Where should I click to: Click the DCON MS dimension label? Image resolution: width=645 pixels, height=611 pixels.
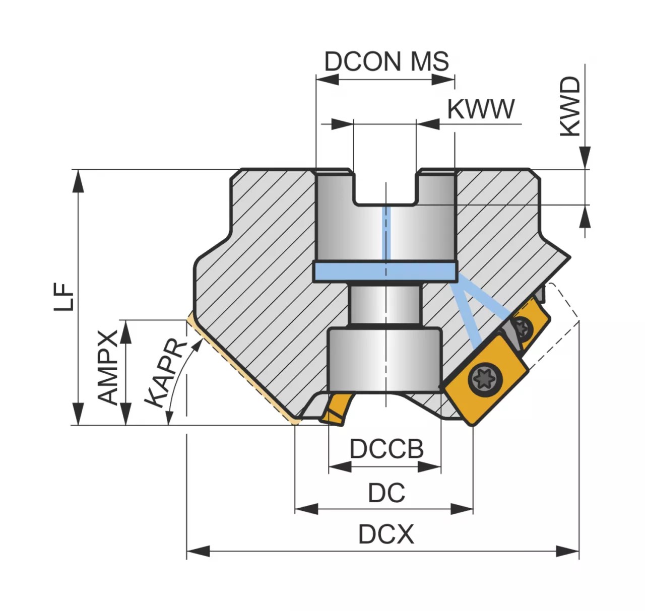tap(386, 61)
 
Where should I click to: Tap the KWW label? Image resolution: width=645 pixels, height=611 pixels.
tap(481, 109)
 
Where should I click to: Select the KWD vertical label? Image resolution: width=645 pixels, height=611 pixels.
tap(570, 106)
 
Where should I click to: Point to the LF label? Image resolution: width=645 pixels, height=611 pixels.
tap(64, 297)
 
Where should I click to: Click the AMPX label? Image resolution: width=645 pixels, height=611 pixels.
tap(108, 367)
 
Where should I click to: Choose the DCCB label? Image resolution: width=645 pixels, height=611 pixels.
tap(386, 449)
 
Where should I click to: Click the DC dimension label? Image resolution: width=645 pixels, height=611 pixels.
tap(386, 493)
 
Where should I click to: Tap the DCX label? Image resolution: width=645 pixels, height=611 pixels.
tap(386, 534)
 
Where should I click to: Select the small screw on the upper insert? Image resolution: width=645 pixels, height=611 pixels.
tap(523, 329)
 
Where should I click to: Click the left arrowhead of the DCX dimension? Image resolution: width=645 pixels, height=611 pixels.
tap(198, 551)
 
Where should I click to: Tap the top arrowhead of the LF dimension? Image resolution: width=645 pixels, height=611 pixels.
tap(78, 180)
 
